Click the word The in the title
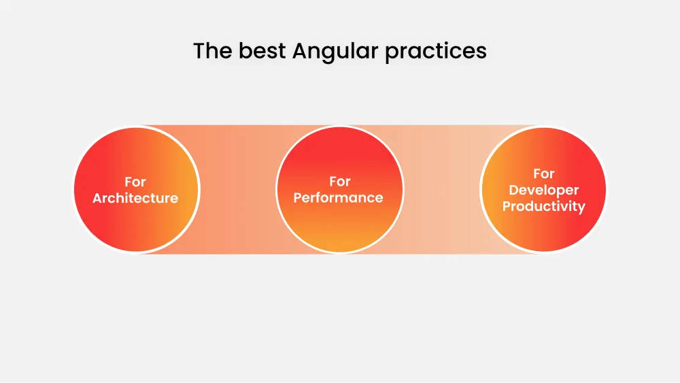pos(212,51)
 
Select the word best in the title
pos(262,51)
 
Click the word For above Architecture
pos(135,182)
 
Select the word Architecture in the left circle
pos(135,199)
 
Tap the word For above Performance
pos(339,182)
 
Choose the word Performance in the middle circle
pos(338,198)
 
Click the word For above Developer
pos(543,174)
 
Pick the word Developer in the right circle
pos(543,191)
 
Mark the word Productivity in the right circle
pos(543,207)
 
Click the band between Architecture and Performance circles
pos(237,190)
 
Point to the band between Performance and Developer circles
pos(442,190)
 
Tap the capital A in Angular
pos(300,51)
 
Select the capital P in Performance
pos(298,198)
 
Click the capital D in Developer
pos(514,190)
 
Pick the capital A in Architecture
pos(98,199)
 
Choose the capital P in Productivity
pos(507,206)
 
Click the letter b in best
pos(244,51)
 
